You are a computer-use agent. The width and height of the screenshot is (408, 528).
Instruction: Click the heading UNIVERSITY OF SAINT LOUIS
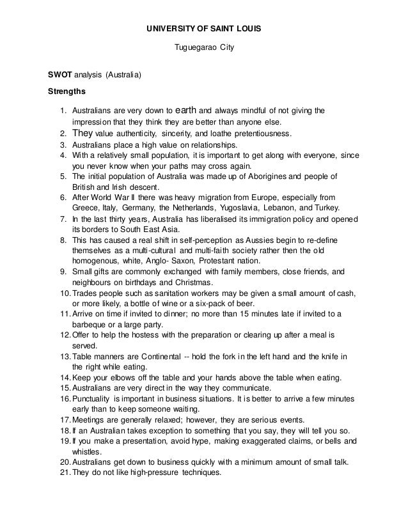point(204,29)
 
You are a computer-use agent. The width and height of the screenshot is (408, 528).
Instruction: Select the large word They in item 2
point(83,134)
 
